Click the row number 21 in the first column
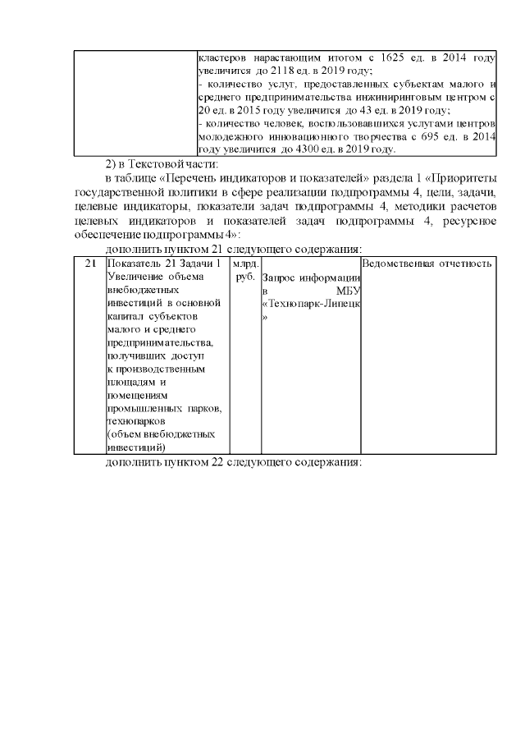point(90,264)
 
